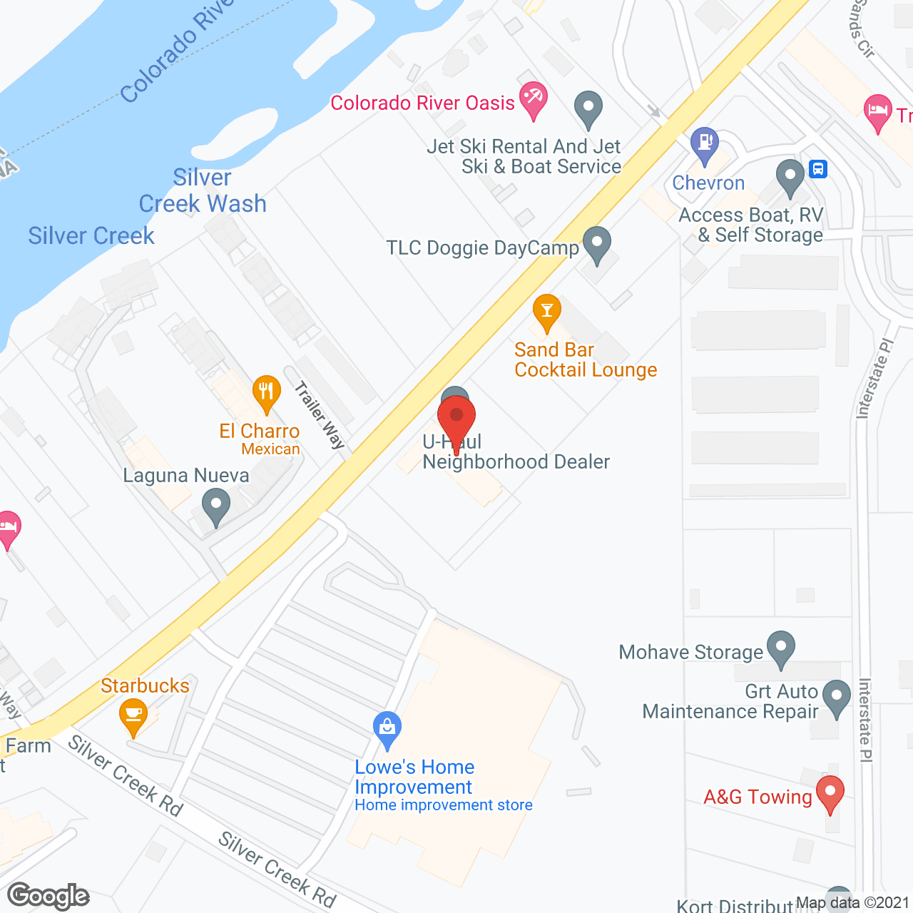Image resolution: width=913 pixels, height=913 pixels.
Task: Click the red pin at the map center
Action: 456,418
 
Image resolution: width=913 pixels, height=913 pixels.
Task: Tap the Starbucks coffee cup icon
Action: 133,715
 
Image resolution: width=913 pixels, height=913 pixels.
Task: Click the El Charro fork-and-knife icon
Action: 266,392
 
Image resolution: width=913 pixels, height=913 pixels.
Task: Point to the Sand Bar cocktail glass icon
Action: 547,312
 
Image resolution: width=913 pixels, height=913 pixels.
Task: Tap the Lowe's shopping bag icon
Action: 387,729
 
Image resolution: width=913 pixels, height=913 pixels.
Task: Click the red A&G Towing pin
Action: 830,793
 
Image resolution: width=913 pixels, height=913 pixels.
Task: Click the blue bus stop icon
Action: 818,169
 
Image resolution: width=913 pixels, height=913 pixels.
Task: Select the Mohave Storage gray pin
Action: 781,648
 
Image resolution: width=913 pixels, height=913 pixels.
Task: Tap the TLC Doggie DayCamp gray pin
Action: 597,244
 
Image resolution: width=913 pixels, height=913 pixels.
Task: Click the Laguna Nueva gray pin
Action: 215,507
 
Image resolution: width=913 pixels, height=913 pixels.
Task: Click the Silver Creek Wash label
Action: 203,190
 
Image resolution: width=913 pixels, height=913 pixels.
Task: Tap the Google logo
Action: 49,896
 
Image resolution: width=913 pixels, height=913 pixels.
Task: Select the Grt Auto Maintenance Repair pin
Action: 836,697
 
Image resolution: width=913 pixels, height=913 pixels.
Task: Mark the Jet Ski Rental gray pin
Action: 588,108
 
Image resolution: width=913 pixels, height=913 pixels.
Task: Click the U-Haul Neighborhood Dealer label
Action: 516,452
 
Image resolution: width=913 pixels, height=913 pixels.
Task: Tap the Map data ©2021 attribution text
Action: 853,903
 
